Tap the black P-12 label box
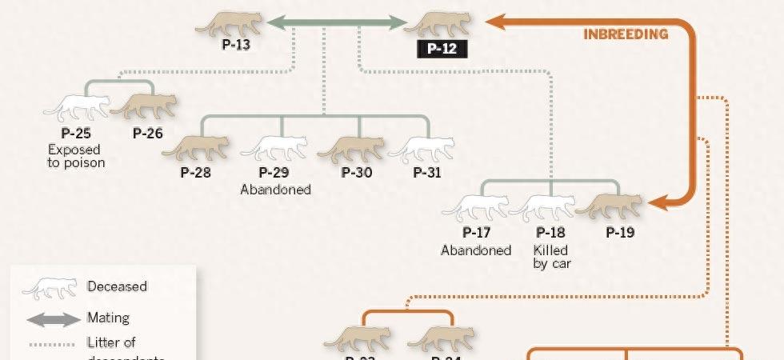click(x=441, y=49)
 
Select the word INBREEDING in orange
click(x=626, y=34)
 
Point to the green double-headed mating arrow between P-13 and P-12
click(x=337, y=23)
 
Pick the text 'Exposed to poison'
click(x=76, y=156)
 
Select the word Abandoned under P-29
click(x=275, y=190)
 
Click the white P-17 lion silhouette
click(x=477, y=208)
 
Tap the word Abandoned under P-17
click(x=476, y=250)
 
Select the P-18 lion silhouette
click(x=543, y=208)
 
